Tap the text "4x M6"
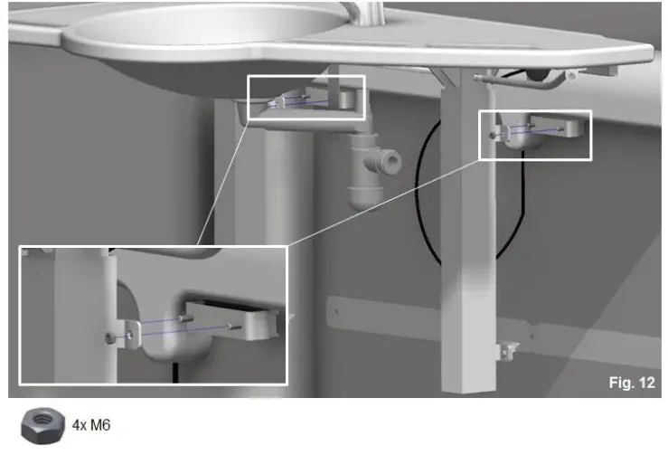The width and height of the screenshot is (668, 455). coord(92,423)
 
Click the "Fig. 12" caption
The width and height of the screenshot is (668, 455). coord(631,383)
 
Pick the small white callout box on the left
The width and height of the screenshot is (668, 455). coord(306,97)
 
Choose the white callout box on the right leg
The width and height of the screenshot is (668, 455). coord(534,135)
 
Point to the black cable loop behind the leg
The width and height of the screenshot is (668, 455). coord(425,199)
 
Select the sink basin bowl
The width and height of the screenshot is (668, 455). coord(208,41)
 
